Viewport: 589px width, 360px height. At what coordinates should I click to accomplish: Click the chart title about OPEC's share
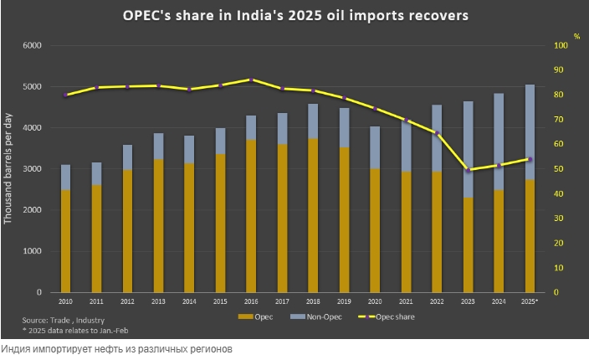(x=294, y=16)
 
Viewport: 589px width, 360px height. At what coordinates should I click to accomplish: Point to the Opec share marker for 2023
(x=468, y=170)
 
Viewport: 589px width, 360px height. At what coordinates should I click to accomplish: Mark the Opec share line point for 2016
(x=251, y=80)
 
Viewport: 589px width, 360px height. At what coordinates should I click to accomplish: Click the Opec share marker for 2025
(x=530, y=159)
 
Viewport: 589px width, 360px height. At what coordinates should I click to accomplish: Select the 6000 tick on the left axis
(x=32, y=45)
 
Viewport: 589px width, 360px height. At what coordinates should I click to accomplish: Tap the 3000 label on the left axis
(x=32, y=169)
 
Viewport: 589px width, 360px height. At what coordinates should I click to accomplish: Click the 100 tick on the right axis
(x=557, y=45)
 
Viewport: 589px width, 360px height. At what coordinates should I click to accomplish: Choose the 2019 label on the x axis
(x=344, y=300)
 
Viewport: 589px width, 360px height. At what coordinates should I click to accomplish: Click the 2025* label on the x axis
(x=530, y=300)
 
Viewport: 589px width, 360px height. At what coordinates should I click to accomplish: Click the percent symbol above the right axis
(x=576, y=36)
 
